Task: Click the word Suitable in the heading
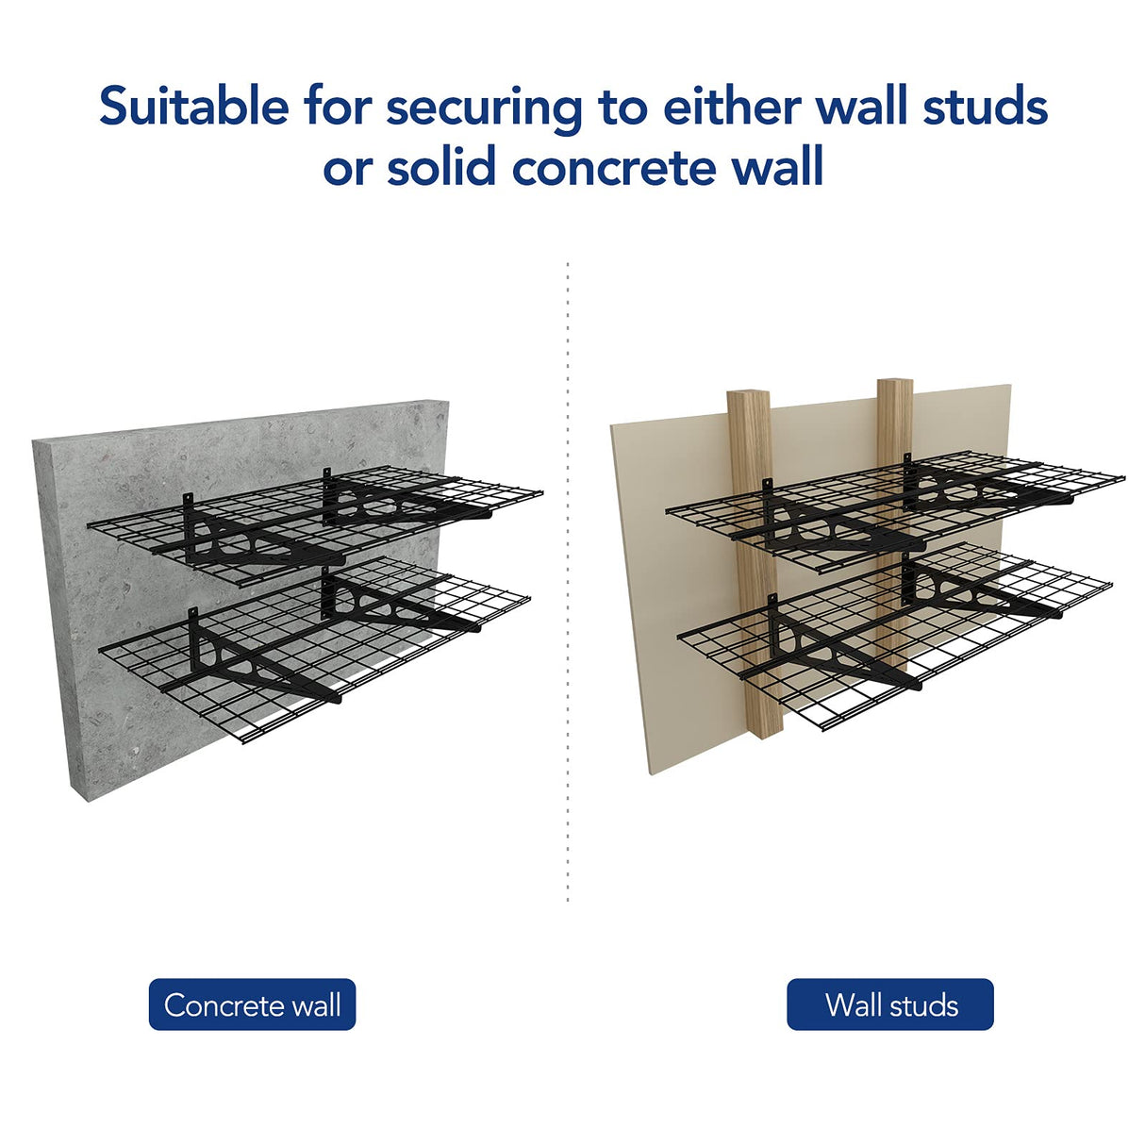(x=194, y=106)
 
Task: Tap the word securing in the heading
(x=485, y=108)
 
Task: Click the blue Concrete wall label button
(x=252, y=1004)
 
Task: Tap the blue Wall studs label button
(x=889, y=1004)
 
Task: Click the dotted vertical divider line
(x=568, y=585)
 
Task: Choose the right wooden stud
(x=894, y=415)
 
